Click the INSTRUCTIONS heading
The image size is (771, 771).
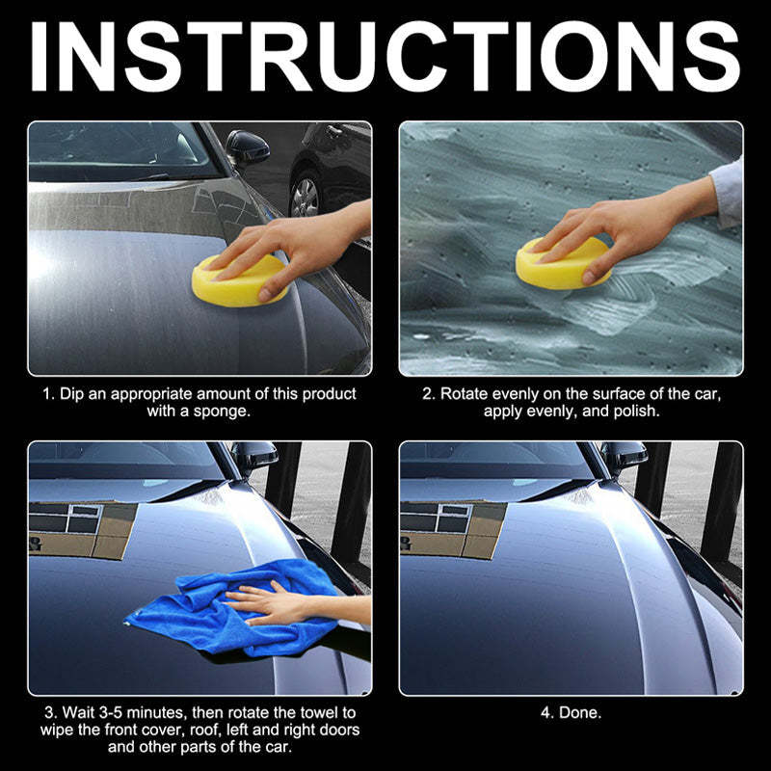[385, 56]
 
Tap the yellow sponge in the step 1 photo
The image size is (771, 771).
[239, 280]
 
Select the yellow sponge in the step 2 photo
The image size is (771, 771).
[563, 263]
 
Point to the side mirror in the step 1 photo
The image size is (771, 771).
[248, 147]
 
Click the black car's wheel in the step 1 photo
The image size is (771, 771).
[305, 197]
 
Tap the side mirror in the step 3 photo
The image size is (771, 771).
[254, 456]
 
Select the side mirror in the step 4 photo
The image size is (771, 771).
[624, 456]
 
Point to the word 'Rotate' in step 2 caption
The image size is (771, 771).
[464, 394]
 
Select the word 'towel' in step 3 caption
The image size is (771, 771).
[320, 712]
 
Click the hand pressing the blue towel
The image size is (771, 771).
[276, 605]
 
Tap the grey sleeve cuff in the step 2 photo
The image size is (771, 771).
[727, 193]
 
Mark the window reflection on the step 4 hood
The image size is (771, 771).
[452, 529]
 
